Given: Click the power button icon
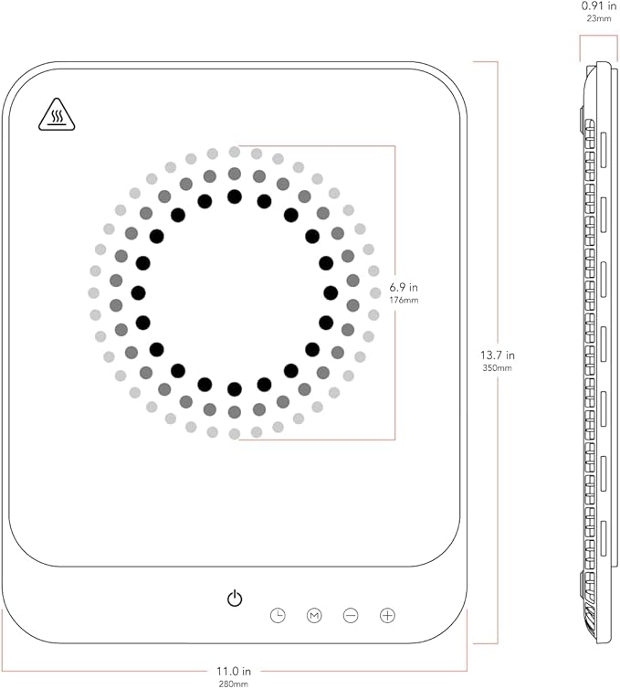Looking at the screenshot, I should (235, 599).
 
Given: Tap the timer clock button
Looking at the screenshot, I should (278, 616).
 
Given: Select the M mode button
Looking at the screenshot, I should (315, 616).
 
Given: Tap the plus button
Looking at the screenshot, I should (388, 616).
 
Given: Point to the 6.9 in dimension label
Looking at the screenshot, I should (404, 287).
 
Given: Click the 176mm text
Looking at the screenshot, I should (404, 301).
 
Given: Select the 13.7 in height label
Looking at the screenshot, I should (498, 355).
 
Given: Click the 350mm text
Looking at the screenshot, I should (498, 367).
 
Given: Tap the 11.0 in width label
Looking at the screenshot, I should (235, 670).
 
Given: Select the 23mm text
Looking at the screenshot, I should (599, 18).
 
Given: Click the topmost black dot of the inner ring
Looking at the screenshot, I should (235, 196).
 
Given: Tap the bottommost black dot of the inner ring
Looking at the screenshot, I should (235, 389).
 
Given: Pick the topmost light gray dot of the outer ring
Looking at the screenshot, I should (235, 152).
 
